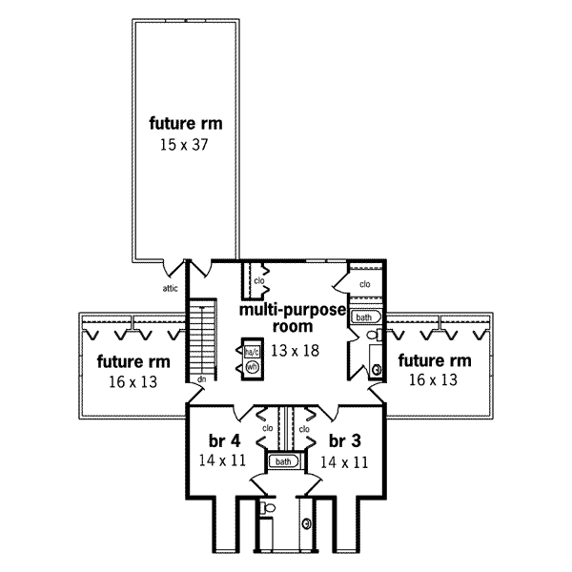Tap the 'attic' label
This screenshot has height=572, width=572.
[x=171, y=286]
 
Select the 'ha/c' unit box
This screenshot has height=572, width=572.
[x=253, y=350]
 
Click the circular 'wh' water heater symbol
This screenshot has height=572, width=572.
[x=253, y=366]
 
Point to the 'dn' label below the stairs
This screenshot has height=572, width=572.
[x=202, y=379]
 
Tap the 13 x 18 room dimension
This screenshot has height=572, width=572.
[x=294, y=350]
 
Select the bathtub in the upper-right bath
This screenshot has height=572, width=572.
[x=366, y=317]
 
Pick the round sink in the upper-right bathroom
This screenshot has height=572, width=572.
[x=377, y=370]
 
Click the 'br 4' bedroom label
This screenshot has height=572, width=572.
[x=222, y=441]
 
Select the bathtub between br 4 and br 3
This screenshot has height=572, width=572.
[x=283, y=462]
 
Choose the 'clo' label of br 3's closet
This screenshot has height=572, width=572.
[x=304, y=429]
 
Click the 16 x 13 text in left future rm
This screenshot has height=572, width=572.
[x=133, y=381]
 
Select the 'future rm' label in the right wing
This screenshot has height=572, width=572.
[x=435, y=360]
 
